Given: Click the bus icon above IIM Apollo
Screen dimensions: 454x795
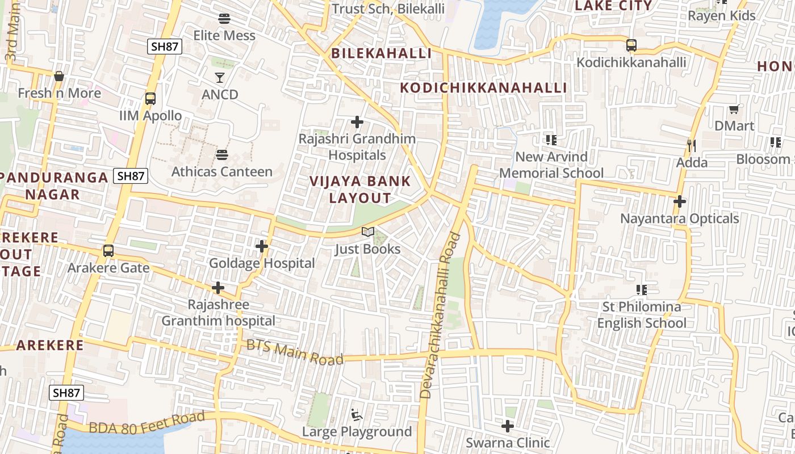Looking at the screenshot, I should tap(150, 99).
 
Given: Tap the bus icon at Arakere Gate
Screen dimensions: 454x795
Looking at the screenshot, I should tap(108, 250).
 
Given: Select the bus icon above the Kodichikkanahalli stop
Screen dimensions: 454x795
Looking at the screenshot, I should tap(631, 45).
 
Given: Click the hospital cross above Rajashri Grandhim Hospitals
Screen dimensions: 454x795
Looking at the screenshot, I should tap(357, 122).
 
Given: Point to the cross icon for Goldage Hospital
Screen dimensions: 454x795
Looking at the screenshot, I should tap(262, 246).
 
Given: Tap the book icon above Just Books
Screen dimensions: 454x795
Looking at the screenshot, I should tap(368, 232).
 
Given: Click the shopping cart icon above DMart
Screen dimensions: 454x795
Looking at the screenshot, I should tap(734, 109).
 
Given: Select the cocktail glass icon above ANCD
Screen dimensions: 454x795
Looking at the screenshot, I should tap(220, 77).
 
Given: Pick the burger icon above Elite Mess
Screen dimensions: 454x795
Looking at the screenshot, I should tap(224, 19).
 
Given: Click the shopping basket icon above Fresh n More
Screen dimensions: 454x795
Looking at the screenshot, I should tap(59, 76).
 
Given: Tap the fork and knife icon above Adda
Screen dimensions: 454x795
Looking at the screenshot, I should tap(692, 146).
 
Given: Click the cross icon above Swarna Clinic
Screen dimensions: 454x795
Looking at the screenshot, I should tap(508, 426).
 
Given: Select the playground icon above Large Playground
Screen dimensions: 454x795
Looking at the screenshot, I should tap(357, 415).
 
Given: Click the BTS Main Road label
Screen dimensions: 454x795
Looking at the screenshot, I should tap(295, 352).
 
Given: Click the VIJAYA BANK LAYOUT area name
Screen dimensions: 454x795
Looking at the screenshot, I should tap(360, 190).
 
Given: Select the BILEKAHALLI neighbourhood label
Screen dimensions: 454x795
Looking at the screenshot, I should tap(381, 53).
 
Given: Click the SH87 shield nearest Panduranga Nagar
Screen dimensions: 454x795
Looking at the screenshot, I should tap(131, 176).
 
